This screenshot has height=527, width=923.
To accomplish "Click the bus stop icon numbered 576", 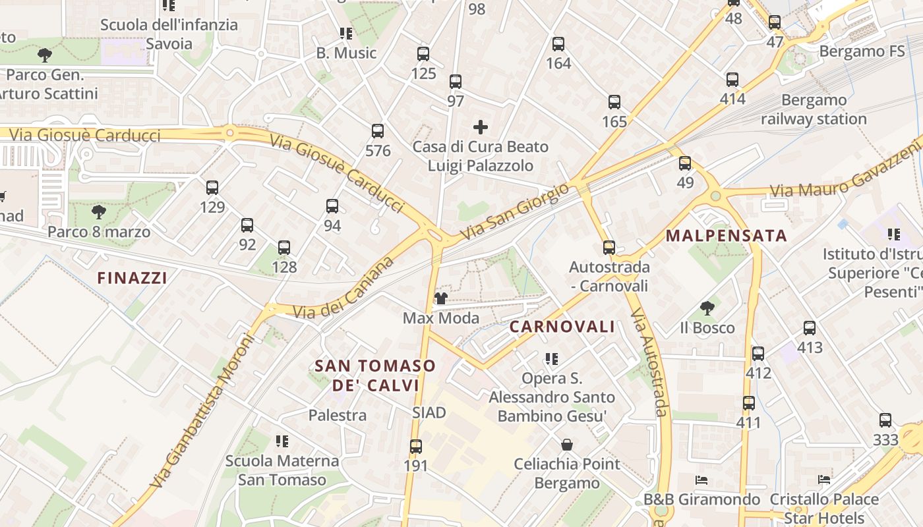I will [x=378, y=131].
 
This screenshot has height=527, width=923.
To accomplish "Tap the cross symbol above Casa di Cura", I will [x=481, y=127].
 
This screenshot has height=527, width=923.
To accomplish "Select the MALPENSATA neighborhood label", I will [x=727, y=236].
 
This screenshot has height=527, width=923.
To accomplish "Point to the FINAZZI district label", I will [x=132, y=278].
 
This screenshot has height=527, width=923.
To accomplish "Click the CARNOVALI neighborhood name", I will [x=562, y=327].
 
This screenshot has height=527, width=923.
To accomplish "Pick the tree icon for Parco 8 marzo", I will [x=99, y=212].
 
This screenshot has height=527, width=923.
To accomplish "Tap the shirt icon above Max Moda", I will [x=440, y=298].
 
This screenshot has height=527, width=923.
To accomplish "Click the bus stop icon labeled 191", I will [x=415, y=447].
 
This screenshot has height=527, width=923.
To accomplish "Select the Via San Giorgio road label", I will [x=514, y=211].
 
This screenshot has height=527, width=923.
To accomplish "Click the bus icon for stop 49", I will [x=685, y=163].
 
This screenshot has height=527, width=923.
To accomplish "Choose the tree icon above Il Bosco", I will [x=707, y=308].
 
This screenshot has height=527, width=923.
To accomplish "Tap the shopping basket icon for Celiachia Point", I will [x=566, y=445].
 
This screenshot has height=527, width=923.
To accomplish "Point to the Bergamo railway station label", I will [x=814, y=110].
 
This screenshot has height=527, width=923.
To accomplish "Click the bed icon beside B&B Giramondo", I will [x=701, y=480].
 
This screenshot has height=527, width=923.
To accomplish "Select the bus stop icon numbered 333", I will [x=885, y=420].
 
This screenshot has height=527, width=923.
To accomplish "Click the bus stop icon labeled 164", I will [x=558, y=44].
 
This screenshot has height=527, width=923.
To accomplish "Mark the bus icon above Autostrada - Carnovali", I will [x=609, y=248].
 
